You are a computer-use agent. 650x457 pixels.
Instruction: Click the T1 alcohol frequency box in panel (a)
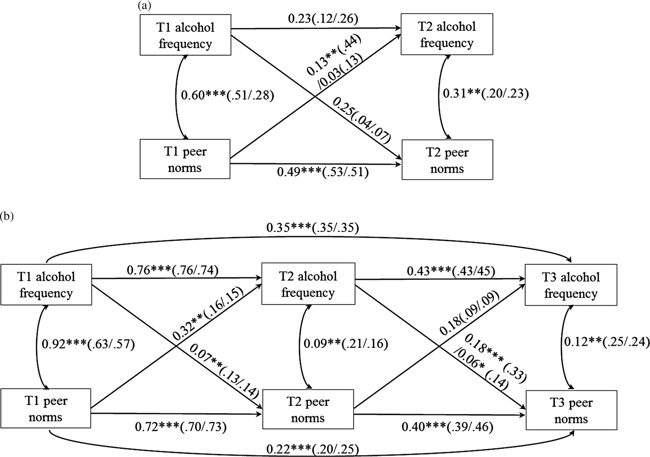185,36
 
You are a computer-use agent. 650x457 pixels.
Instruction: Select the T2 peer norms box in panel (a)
447,160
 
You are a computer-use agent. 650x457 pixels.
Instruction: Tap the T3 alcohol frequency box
571,285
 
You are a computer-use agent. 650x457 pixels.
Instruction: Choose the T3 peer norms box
571,411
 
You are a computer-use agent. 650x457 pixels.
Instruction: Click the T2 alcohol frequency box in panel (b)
308,284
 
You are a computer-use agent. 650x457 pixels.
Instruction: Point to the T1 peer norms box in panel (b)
45,409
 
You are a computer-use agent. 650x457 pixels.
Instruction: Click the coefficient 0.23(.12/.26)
323,19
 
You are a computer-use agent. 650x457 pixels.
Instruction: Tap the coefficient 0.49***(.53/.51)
323,172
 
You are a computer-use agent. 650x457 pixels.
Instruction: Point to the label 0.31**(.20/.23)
485,93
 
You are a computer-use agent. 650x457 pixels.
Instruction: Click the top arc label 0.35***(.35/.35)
312,228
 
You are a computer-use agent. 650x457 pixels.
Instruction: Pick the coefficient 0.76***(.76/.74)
172,270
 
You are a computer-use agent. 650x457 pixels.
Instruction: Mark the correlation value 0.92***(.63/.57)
88,344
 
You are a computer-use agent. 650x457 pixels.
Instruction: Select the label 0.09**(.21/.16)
345,344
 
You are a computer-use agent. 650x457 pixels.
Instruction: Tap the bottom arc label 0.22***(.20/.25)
312,449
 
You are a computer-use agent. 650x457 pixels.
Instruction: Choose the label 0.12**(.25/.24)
606,341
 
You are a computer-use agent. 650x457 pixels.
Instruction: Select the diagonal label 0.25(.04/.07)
361,120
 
